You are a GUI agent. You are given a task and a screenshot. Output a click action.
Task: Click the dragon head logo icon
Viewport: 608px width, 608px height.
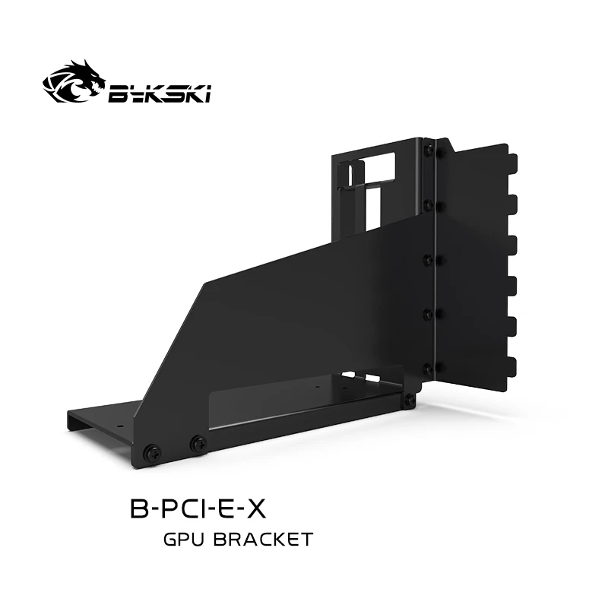[x=73, y=87]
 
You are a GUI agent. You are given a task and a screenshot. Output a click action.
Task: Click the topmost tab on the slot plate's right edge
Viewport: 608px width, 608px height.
[x=514, y=163]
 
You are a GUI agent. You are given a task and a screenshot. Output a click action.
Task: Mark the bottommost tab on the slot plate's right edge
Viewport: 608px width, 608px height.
[x=514, y=362]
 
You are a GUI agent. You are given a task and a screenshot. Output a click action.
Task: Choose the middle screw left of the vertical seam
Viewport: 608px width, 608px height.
[x=429, y=259]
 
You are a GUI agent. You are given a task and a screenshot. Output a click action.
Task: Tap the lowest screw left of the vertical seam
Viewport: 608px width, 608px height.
[x=429, y=369]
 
